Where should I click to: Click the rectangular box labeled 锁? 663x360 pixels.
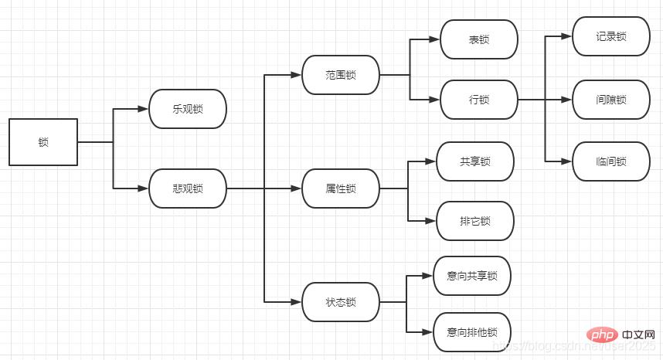[x=43, y=142]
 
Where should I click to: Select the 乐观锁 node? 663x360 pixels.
[x=188, y=109]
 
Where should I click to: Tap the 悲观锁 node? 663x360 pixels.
[x=188, y=188]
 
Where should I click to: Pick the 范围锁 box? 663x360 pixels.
[x=341, y=75]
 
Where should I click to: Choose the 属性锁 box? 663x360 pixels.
[x=341, y=188]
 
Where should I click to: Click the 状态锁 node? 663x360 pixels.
[x=341, y=302]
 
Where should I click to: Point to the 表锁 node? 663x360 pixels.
[x=479, y=39]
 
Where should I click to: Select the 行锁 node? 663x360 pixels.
[x=479, y=100]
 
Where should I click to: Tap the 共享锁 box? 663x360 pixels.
[x=475, y=161]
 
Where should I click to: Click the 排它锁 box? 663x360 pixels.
[x=475, y=221]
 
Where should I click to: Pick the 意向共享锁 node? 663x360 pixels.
[x=472, y=276]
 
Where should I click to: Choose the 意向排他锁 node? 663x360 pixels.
[x=472, y=332]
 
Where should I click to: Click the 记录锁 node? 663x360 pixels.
[x=611, y=36]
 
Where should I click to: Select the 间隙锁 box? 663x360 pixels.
[x=611, y=100]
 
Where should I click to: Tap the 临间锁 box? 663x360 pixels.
[x=611, y=161]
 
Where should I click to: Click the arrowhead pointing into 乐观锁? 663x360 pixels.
[x=144, y=109]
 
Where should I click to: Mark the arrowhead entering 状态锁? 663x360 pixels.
[x=297, y=302]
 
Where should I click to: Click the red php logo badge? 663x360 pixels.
[x=601, y=335]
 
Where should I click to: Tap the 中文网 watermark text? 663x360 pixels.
[x=637, y=336]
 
